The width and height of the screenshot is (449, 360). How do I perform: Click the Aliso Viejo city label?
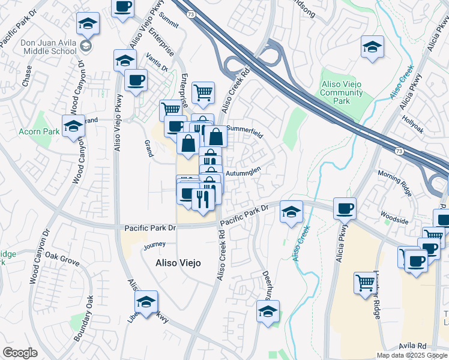(x=178, y=263)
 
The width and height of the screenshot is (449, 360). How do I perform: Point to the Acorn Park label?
(x=39, y=131)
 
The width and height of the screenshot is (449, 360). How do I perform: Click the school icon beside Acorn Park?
(x=73, y=126)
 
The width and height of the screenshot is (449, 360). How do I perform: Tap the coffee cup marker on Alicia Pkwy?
(x=345, y=209)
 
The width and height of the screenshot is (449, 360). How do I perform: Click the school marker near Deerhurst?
(x=268, y=311)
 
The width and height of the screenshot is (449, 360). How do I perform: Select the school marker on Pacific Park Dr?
(x=291, y=212)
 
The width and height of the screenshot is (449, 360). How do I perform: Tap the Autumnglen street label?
(x=243, y=170)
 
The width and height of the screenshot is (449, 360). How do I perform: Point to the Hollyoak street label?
(x=414, y=120)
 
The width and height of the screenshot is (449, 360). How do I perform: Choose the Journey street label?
(x=154, y=245)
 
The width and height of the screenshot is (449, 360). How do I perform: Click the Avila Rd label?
(x=412, y=346)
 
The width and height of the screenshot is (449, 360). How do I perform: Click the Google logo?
(x=20, y=353)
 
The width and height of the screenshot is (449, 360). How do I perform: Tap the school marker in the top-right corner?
(x=372, y=46)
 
